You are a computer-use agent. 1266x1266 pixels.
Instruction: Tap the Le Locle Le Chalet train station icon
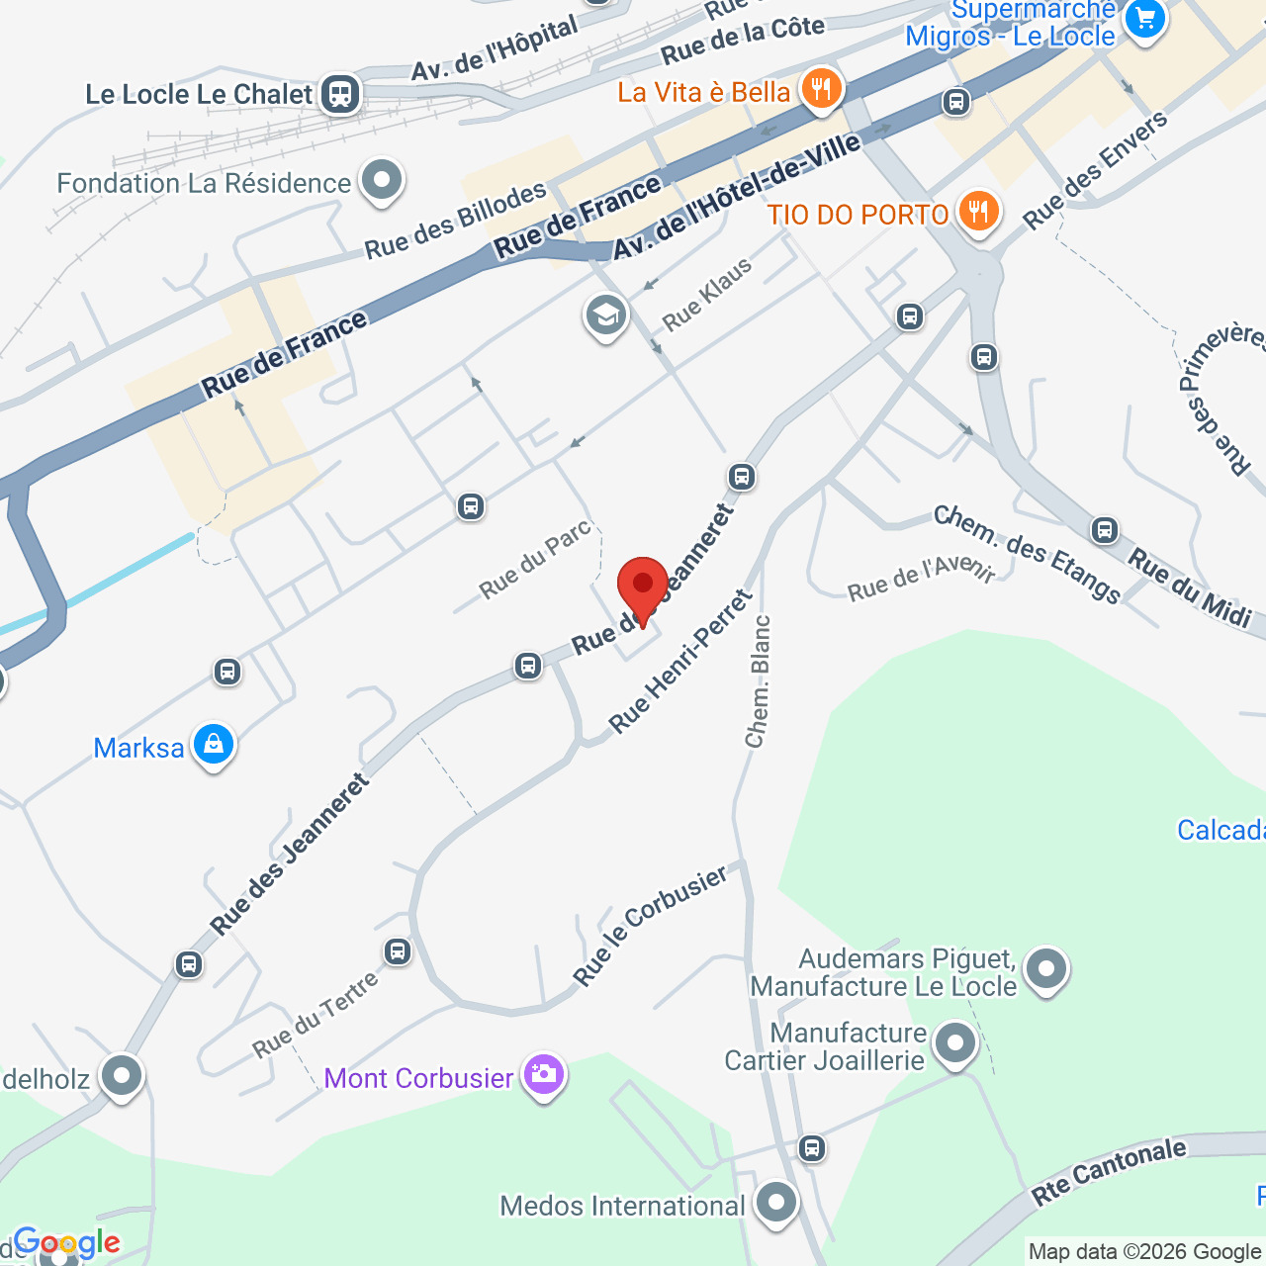pos(340,94)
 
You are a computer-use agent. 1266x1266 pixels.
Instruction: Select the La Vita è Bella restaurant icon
pos(820,89)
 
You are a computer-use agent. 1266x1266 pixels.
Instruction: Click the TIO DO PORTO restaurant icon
pos(978,212)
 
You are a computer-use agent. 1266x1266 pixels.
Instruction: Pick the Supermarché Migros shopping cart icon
pos(1145,18)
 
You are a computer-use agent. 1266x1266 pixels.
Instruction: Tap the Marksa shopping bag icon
pos(214,745)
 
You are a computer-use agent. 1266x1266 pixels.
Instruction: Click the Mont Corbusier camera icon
pos(543,1074)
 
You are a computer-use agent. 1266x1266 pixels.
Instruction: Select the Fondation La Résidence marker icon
pos(381,181)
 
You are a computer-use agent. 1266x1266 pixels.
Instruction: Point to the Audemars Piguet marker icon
pos(1045,969)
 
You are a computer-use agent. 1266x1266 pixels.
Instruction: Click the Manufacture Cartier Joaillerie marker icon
pos(954,1043)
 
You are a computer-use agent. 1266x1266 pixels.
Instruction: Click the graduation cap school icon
pos(605,316)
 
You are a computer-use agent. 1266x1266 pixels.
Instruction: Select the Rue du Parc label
pos(535,559)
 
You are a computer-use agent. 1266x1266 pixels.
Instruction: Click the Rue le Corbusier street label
pos(650,925)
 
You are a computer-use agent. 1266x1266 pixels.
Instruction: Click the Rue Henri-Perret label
pos(680,662)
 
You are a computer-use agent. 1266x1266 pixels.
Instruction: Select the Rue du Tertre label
pos(315,1015)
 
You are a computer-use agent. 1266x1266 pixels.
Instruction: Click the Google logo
pos(66,1242)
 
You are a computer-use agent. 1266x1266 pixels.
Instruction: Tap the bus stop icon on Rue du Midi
pos(1105,530)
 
